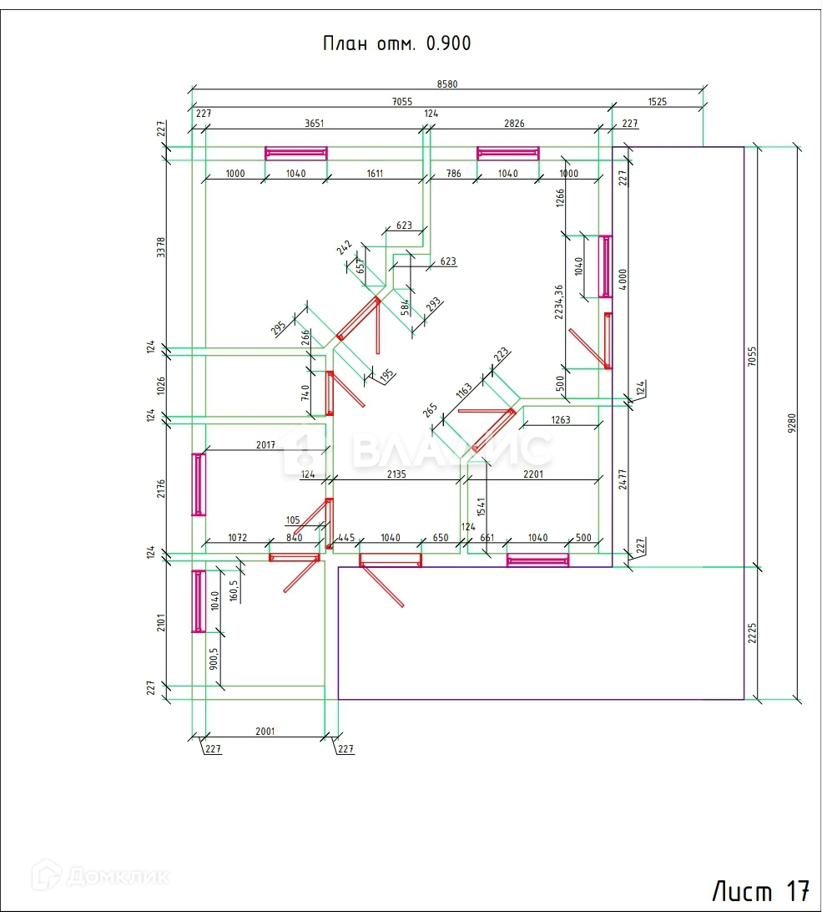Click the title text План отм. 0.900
click(396, 44)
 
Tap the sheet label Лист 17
click(760, 889)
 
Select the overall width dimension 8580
click(447, 84)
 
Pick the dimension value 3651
click(314, 124)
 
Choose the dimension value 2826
click(514, 124)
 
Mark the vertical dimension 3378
click(161, 247)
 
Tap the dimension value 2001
click(265, 732)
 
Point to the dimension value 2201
click(533, 474)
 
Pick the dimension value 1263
click(560, 420)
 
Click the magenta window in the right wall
click(606, 266)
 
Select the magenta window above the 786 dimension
click(508, 153)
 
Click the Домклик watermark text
click(105, 877)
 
